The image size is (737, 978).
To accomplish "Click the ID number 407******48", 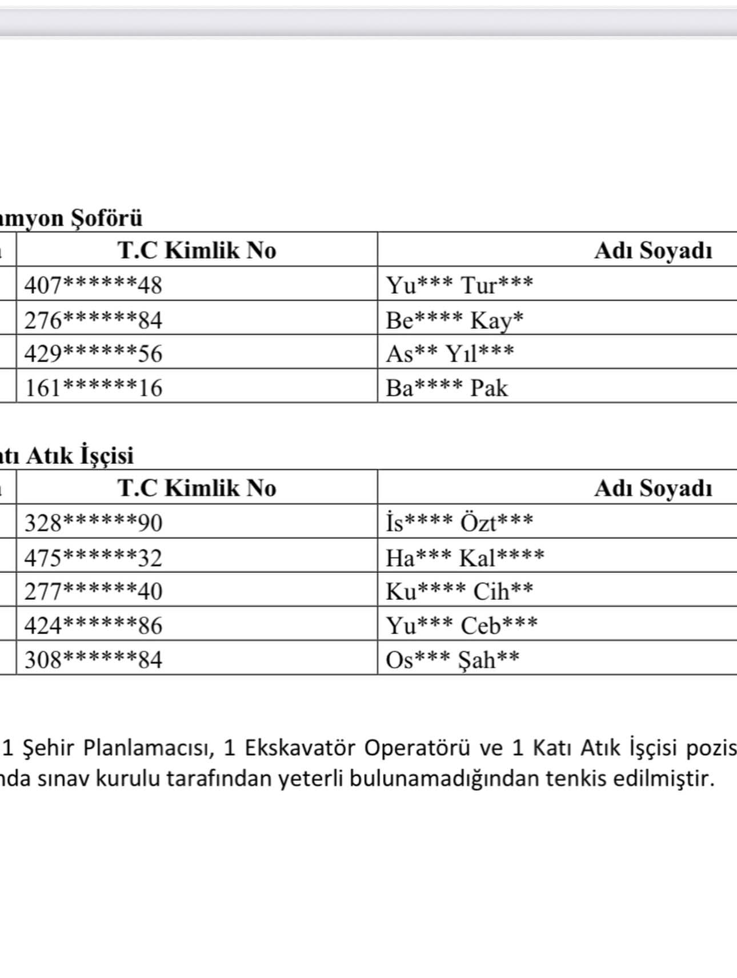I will click(93, 284).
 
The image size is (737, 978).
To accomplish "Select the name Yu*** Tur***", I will click(459, 284).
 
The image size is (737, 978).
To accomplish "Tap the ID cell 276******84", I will click(93, 319).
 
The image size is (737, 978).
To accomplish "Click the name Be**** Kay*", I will click(454, 320).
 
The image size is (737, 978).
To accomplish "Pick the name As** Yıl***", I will click(450, 354).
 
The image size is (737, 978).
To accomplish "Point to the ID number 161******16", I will click(93, 388).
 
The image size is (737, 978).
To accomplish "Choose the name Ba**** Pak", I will click(446, 388).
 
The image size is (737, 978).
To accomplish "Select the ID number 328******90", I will click(93, 523).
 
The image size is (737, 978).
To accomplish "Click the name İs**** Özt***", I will click(459, 522).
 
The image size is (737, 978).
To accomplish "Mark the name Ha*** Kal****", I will click(464, 558).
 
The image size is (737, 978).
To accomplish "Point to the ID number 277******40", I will click(93, 591).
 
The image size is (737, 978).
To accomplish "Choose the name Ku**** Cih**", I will click(459, 591).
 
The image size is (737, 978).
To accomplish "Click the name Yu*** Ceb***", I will click(462, 626).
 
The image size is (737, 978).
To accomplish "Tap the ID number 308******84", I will click(93, 660).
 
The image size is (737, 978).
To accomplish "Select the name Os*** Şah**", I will click(452, 660).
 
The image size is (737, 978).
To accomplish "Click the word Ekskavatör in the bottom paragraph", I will click(300, 747).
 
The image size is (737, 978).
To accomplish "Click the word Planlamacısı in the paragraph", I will click(149, 748).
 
